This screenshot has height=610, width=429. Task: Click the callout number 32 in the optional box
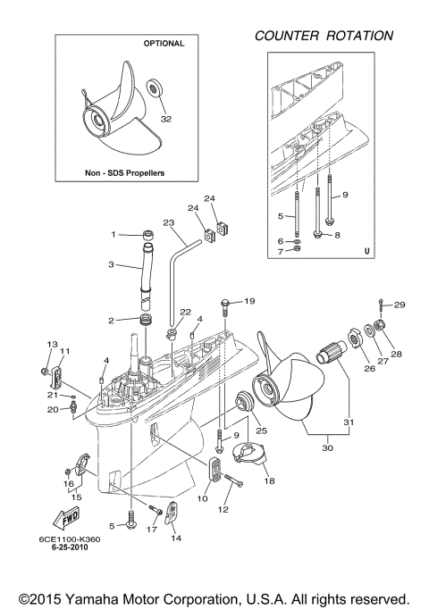pyautogui.click(x=165, y=117)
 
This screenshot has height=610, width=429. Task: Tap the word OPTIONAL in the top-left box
pyautogui.click(x=164, y=43)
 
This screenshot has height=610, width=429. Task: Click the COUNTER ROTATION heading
pyautogui.click(x=324, y=36)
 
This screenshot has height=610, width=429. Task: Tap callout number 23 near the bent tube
pyautogui.click(x=167, y=222)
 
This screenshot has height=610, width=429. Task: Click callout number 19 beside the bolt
pyautogui.click(x=249, y=301)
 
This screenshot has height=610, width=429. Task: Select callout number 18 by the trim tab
pyautogui.click(x=269, y=480)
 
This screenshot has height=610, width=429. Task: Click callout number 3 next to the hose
pyautogui.click(x=113, y=265)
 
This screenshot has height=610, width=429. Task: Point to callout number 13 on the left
pyautogui.click(x=52, y=345)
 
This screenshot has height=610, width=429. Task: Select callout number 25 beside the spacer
pyautogui.click(x=262, y=430)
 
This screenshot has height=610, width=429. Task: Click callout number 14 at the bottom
pyautogui.click(x=174, y=539)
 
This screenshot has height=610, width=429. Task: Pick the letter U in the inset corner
pyautogui.click(x=366, y=250)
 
